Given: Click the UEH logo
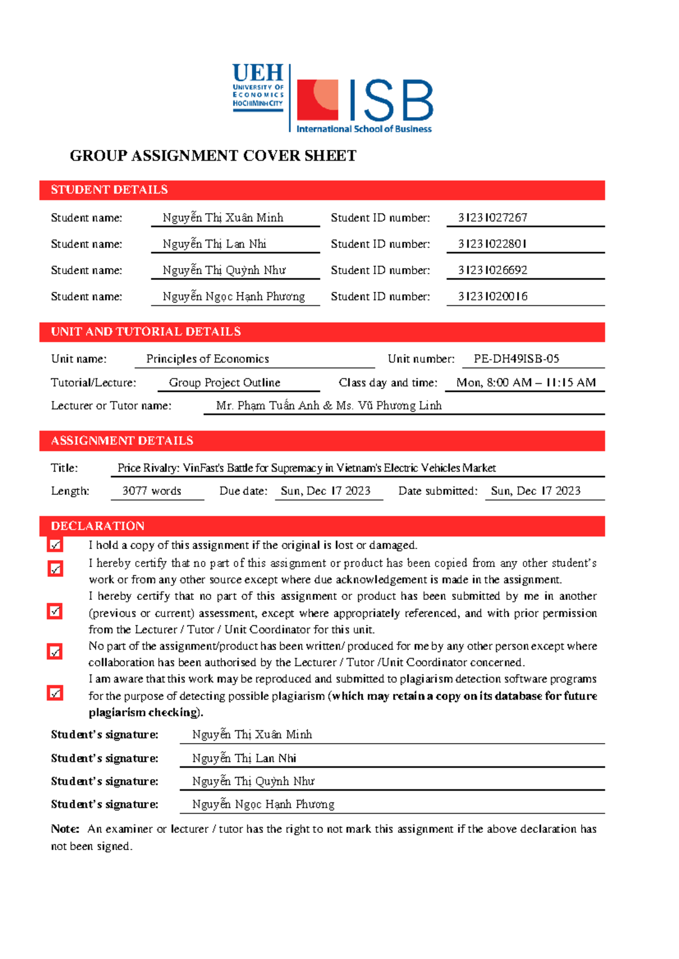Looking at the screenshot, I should [257, 88].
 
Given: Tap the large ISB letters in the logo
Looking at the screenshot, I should [391, 101].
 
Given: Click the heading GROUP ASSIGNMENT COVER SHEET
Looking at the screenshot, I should [213, 156].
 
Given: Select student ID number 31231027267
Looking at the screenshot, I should [492, 218].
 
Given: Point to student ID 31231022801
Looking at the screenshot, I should [492, 244].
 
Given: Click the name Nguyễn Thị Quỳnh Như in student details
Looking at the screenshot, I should [224, 270].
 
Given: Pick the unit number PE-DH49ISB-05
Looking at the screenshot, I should [516, 358].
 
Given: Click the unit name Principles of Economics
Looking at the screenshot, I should [207, 358].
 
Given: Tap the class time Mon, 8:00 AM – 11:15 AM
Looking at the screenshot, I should [526, 382].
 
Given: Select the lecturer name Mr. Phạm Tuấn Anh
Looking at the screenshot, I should [267, 405].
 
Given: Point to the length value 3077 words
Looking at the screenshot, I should [152, 491].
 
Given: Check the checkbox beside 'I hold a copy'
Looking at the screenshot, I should [55, 545].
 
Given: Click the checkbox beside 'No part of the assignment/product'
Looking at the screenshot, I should [55, 652].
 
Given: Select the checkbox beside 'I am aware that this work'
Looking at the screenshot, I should [55, 693].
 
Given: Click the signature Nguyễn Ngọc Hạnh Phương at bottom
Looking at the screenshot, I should [263, 804].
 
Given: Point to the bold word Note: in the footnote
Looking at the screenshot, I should [65, 829].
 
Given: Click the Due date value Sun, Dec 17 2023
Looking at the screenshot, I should [325, 491].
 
